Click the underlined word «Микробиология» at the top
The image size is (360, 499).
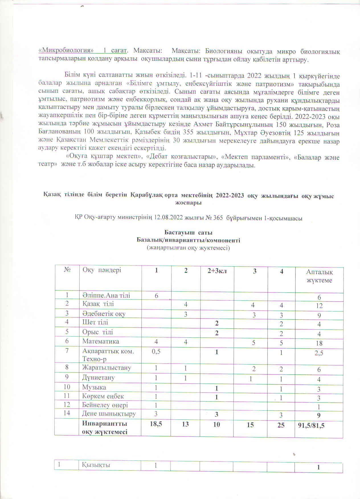[x=66, y=51]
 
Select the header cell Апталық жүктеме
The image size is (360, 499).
[x=319, y=276]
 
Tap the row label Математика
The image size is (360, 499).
[x=101, y=341]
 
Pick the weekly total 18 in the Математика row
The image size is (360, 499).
[x=319, y=343]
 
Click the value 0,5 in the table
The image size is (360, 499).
[x=156, y=351]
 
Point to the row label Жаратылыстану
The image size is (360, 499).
[x=107, y=367]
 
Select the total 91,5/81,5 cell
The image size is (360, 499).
[x=311, y=426]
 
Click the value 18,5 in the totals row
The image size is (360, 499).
[x=156, y=424]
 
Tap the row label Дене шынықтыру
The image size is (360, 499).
[x=109, y=414]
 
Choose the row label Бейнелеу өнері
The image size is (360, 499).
[x=105, y=405]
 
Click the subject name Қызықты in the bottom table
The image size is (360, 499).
[x=96, y=465]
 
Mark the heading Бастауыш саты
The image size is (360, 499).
[x=188, y=233]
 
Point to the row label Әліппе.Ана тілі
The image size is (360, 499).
[x=106, y=295]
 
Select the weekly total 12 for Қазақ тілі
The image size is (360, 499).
[x=319, y=306]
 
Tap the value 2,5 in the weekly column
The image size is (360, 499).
[x=319, y=353]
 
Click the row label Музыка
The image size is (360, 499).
[x=94, y=387]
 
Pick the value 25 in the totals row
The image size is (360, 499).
[x=281, y=425]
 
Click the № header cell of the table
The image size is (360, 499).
[x=67, y=269]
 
